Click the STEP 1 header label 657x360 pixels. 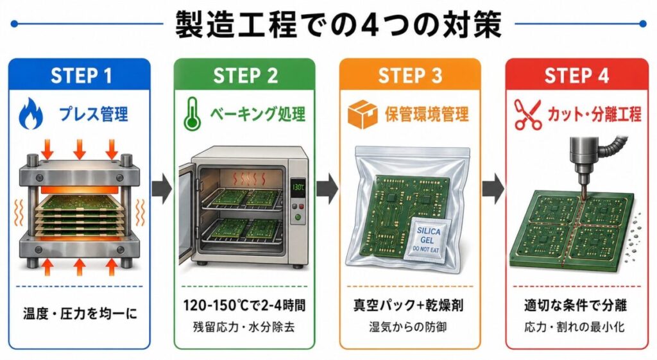[81, 76]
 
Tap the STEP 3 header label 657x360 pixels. [410, 76]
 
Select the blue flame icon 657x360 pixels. [31, 114]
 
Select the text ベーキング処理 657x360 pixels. [258, 115]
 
